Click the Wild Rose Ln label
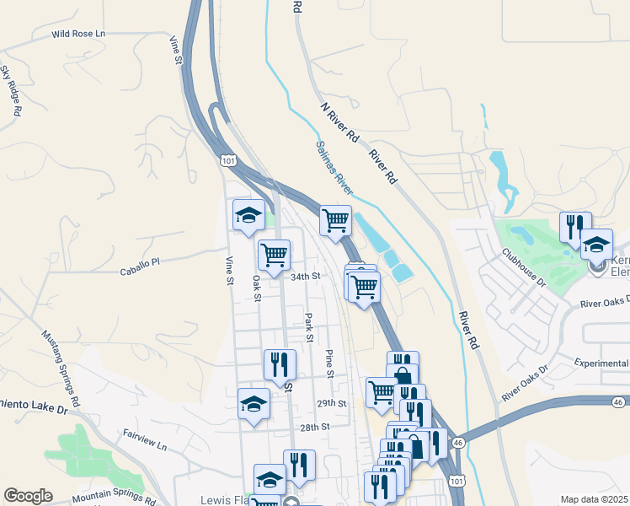pos(80,34)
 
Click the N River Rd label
pos(339,123)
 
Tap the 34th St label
pos(306,276)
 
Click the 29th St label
pos(331,404)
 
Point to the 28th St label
pos(313,428)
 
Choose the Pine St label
pos(330,362)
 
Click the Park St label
pos(309,327)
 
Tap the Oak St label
pos(257,285)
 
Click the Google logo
pos(28,496)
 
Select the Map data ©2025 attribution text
pos(595,499)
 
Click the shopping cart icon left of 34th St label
pos(274,255)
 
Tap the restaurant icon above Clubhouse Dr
pos(575,226)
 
